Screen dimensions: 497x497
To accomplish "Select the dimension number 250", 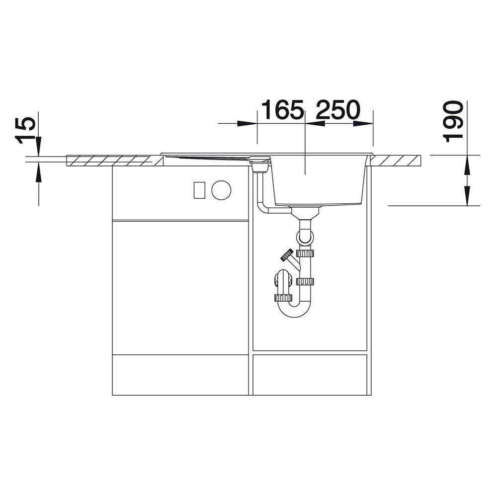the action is [338, 110].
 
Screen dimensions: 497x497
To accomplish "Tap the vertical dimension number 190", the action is [452, 121].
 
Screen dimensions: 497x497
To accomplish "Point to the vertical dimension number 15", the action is [26, 130].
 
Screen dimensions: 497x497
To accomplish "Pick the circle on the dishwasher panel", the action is [221, 190].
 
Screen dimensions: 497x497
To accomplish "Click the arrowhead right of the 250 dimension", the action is [362, 124].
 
